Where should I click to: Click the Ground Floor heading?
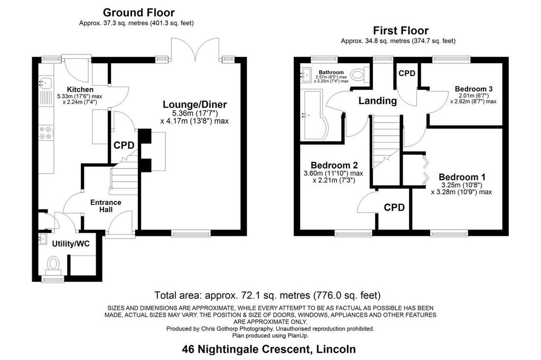(x=139, y=13)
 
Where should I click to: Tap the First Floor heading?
(x=400, y=31)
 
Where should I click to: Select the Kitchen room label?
(x=80, y=90)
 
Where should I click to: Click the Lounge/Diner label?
(x=194, y=105)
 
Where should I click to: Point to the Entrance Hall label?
(x=106, y=206)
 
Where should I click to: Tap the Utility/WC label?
(x=71, y=244)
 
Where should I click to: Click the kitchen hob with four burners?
(x=46, y=133)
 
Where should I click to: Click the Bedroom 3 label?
(x=473, y=89)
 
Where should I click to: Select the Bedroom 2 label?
(x=334, y=165)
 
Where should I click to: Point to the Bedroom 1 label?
(x=462, y=177)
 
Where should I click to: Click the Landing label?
(x=377, y=101)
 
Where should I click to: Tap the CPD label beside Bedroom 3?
(x=407, y=73)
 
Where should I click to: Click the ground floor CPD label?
(x=124, y=146)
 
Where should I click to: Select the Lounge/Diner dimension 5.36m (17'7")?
(x=195, y=113)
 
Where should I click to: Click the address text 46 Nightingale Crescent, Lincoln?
(x=269, y=349)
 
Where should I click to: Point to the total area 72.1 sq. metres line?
(x=267, y=296)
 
